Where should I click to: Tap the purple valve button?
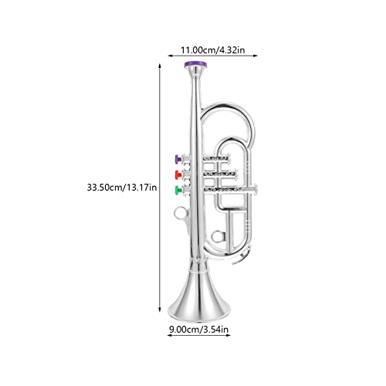(x=178, y=160)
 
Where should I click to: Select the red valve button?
(x=178, y=174)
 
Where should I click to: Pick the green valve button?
(x=178, y=189)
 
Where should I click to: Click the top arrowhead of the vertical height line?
(x=160, y=66)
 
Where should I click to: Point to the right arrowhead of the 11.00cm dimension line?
(x=258, y=56)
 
